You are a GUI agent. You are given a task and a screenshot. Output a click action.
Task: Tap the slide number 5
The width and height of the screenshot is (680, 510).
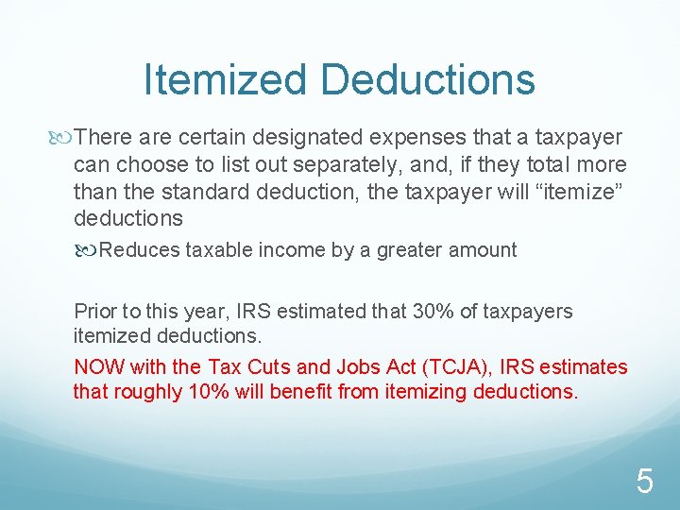(644, 483)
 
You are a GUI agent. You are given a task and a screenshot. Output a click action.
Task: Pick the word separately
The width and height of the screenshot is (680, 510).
(330, 165)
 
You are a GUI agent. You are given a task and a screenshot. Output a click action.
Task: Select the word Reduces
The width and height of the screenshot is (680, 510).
(139, 250)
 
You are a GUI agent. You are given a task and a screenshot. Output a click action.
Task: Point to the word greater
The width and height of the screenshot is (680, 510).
(409, 250)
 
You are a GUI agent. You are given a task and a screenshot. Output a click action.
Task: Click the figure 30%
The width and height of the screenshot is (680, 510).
(435, 311)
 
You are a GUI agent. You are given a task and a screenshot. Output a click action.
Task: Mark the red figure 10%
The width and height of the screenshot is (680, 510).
(183, 391)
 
